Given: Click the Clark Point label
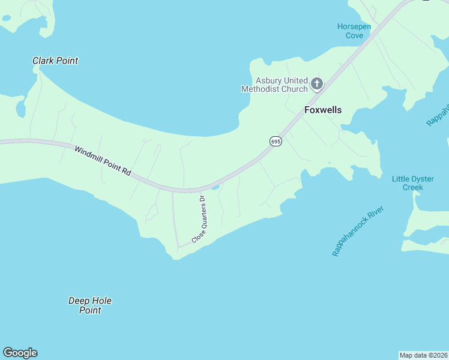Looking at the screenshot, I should coord(55,61).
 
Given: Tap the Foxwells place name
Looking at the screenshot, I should coord(323,110).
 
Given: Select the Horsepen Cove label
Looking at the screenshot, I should coord(354,31).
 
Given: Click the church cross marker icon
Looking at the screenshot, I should coord(317,84).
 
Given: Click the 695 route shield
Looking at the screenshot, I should coord(276,141).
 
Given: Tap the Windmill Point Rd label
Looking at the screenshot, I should coord(103,160).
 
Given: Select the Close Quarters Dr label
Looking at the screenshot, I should coord(199,220).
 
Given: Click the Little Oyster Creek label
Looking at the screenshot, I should coord(408,183).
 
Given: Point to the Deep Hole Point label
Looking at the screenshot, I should coord(90,305).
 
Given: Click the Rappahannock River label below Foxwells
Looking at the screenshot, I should coord(358,231).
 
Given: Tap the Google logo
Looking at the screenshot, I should coord(20,353).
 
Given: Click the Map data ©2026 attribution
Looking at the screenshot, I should coord(423,355).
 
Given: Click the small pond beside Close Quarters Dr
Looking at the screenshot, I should coord(215,187).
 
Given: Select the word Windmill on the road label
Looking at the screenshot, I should coord(88,154).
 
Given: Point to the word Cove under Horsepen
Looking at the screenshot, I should coord(354,35).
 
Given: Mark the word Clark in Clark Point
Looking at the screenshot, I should coord(43,61).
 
